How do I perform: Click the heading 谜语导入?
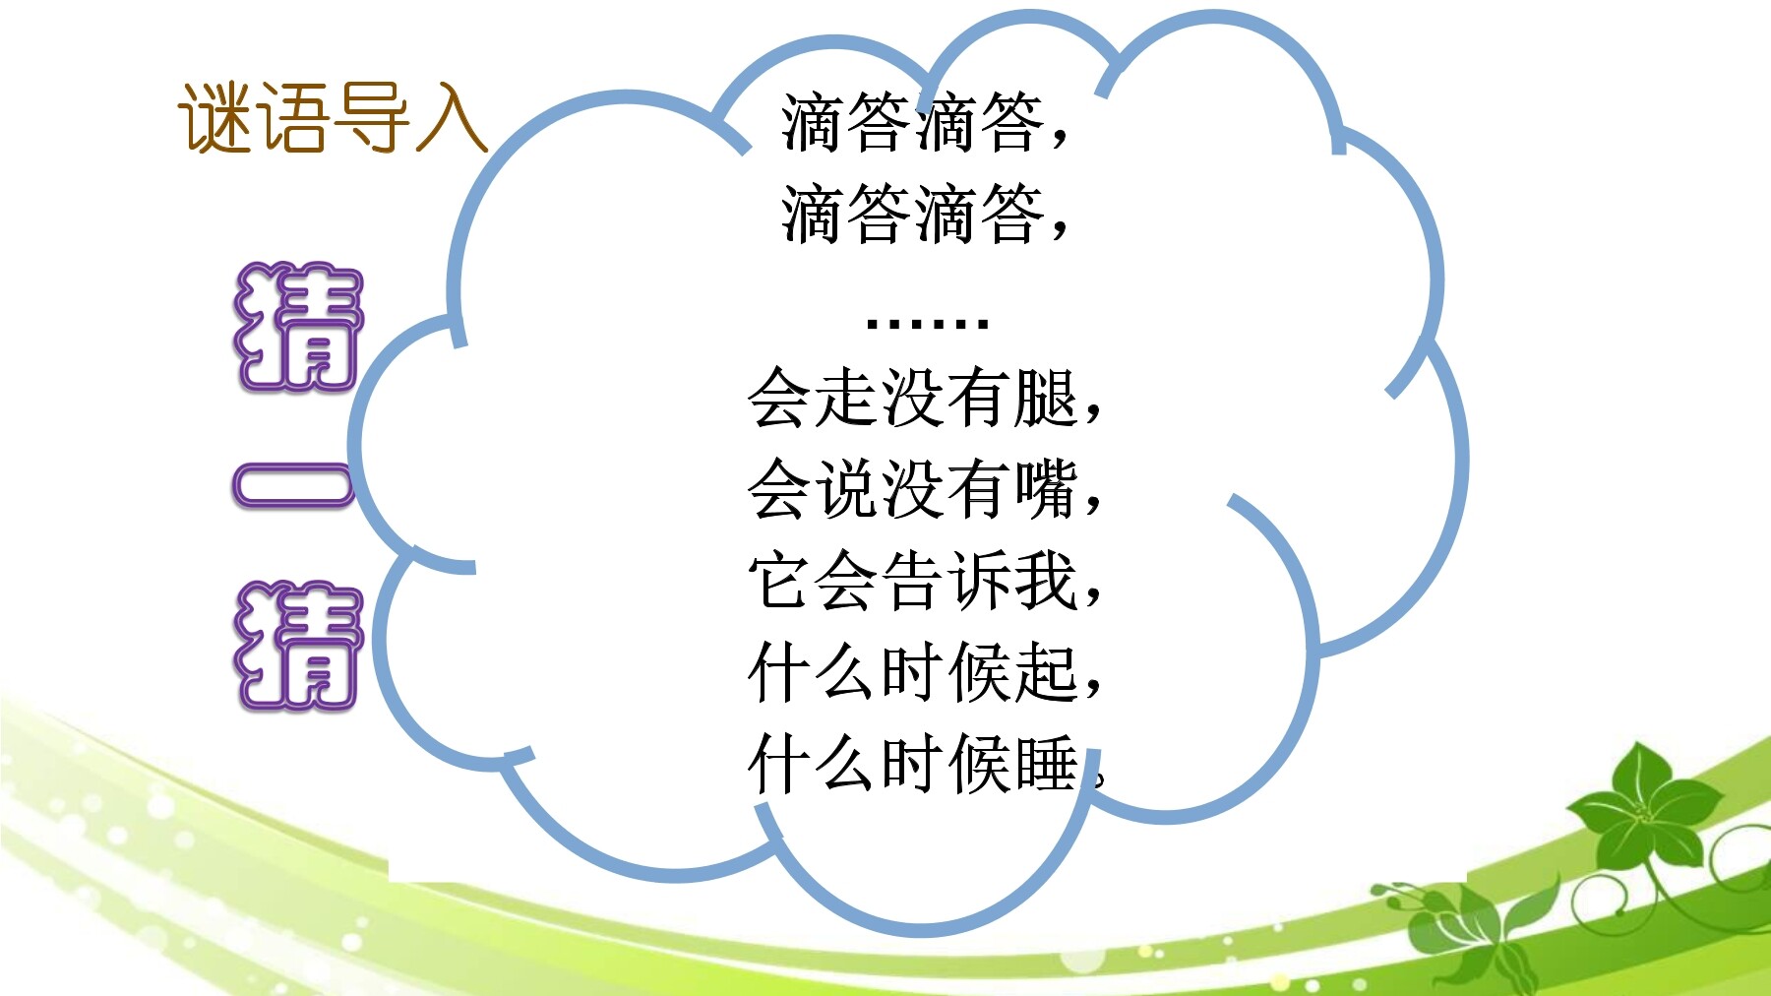(333, 118)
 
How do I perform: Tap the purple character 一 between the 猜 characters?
(293, 485)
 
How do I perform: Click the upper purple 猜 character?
(298, 327)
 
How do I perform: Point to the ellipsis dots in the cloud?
(926, 322)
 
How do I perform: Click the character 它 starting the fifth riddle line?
(780, 581)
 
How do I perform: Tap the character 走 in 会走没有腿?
(847, 398)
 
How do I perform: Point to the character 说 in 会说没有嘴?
(847, 489)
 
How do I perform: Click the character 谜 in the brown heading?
(215, 118)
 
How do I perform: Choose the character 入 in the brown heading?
(452, 118)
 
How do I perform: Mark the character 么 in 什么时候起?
(847, 672)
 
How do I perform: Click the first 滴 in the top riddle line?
(814, 122)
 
